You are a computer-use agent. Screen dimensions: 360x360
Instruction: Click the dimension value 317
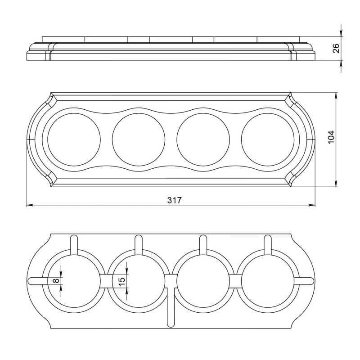tap(174, 200)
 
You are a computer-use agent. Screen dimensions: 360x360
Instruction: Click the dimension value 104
tap(331, 137)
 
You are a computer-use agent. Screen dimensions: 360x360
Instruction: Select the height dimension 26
tap(336, 48)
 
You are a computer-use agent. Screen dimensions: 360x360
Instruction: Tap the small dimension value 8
tap(56, 280)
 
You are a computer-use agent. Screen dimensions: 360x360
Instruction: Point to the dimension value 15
tap(122, 281)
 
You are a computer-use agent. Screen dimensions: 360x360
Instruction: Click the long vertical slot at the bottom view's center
tap(171, 306)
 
